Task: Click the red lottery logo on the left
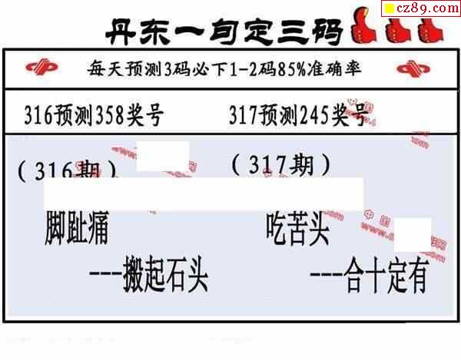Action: coord(41,69)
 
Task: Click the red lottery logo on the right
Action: coord(418,69)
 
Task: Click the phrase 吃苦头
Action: coord(298,228)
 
